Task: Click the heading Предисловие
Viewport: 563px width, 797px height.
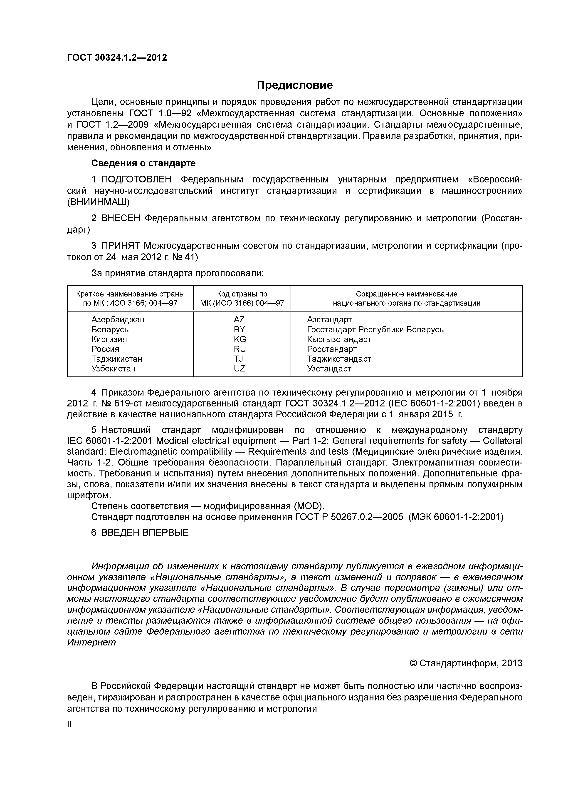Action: pyautogui.click(x=294, y=85)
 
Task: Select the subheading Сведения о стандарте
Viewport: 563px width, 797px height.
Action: pyautogui.click(x=143, y=163)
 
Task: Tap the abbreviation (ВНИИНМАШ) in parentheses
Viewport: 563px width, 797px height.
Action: pyautogui.click(x=98, y=202)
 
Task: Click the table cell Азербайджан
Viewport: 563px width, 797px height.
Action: pyautogui.click(x=118, y=319)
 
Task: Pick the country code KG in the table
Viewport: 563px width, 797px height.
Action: pyautogui.click(x=240, y=339)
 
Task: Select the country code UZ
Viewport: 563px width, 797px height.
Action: pyautogui.click(x=239, y=369)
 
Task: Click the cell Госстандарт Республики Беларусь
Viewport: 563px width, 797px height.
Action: pyautogui.click(x=375, y=329)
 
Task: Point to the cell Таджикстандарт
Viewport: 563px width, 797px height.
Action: pyautogui.click(x=339, y=359)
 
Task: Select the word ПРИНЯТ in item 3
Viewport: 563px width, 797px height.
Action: pyautogui.click(x=121, y=246)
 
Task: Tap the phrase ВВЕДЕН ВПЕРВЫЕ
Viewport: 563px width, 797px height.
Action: pyautogui.click(x=145, y=533)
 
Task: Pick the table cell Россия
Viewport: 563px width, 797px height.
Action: pyautogui.click(x=105, y=349)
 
